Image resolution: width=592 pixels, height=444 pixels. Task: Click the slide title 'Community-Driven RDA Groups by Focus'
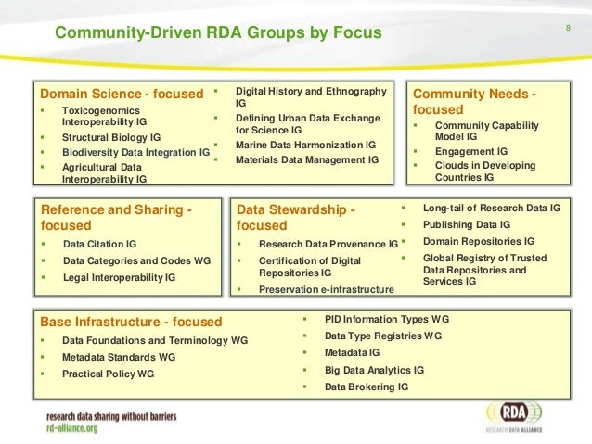(x=218, y=34)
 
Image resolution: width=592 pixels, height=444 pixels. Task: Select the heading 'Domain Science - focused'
(x=122, y=94)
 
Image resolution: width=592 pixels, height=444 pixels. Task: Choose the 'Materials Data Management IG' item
(x=307, y=159)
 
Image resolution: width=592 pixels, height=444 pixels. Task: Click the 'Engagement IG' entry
(x=471, y=151)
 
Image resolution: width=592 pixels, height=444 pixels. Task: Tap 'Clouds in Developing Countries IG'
(x=484, y=171)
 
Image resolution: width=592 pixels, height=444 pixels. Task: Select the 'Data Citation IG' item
(x=99, y=244)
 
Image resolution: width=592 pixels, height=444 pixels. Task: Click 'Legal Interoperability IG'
(x=119, y=276)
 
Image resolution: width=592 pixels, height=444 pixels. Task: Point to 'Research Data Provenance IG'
(x=328, y=245)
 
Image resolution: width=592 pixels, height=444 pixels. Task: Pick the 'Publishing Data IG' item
(x=467, y=224)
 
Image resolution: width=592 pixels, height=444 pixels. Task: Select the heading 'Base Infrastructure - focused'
(x=131, y=322)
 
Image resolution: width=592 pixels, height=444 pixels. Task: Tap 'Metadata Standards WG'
(x=118, y=357)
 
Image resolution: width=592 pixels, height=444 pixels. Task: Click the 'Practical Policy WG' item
(x=108, y=374)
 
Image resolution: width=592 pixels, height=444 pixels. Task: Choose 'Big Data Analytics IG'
(x=374, y=370)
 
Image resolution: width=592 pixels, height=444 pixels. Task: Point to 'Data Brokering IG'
(x=366, y=387)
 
